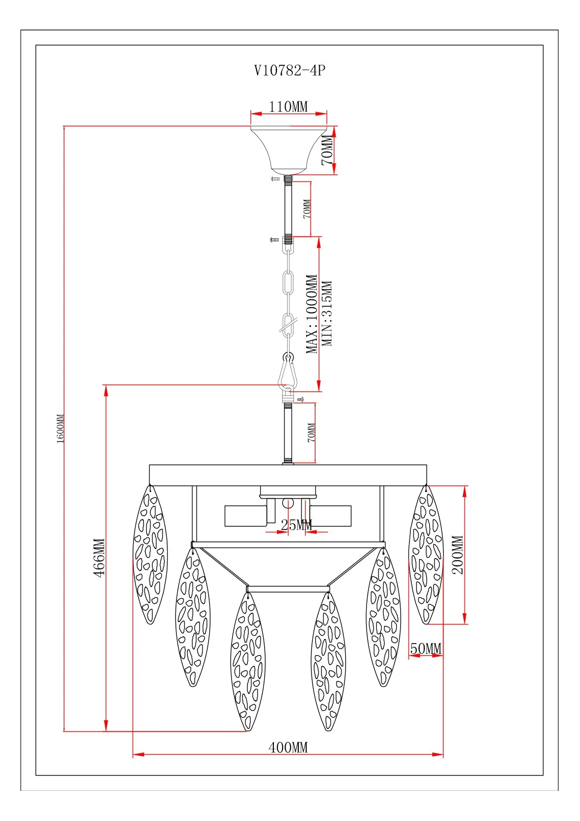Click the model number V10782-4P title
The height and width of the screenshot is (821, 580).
(290, 70)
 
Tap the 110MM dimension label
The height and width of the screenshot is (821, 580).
(289, 106)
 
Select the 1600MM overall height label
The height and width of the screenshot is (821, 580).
(60, 429)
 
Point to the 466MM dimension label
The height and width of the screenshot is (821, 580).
(99, 557)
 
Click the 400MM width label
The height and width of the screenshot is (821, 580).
(288, 747)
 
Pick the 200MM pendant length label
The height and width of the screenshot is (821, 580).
(458, 555)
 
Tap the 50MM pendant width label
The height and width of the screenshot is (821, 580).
(426, 648)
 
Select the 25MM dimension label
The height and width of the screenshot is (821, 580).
(296, 525)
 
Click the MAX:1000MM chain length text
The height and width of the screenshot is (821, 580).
(312, 314)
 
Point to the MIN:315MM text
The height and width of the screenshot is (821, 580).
(328, 313)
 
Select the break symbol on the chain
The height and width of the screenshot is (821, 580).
(288, 323)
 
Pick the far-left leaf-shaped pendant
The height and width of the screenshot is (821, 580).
(150, 554)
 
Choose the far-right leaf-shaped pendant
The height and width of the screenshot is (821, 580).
(426, 554)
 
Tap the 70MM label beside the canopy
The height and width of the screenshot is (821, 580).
(328, 150)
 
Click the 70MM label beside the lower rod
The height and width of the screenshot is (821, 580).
(311, 432)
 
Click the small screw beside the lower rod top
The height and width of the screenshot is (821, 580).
(300, 399)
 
